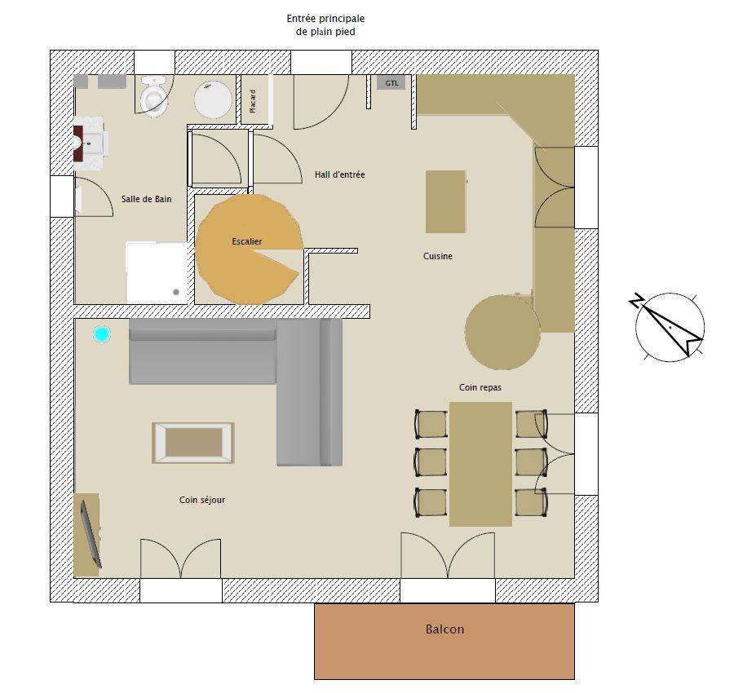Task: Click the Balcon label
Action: coord(444,629)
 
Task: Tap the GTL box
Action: coord(391,83)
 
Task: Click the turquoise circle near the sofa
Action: coord(102,334)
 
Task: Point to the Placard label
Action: coord(253,101)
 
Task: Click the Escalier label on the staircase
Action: coord(247,241)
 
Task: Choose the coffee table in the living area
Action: coord(193,443)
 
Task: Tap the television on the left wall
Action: coord(91,534)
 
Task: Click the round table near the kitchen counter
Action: coord(502,333)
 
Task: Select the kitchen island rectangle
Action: coord(445,201)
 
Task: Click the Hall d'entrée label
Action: coord(339,174)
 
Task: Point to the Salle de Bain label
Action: coord(147,199)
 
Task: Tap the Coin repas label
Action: coord(480,387)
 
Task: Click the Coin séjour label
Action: coord(202,500)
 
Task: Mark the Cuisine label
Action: coord(438,256)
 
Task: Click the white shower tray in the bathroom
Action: coord(157,273)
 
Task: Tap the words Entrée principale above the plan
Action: coord(325,18)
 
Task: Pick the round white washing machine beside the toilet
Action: coord(213,99)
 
